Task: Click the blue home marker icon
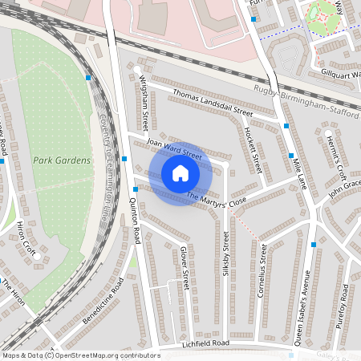point(180,172)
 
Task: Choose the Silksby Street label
point(226,255)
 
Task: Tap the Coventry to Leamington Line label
point(103,176)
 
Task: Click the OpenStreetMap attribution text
point(81,355)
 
